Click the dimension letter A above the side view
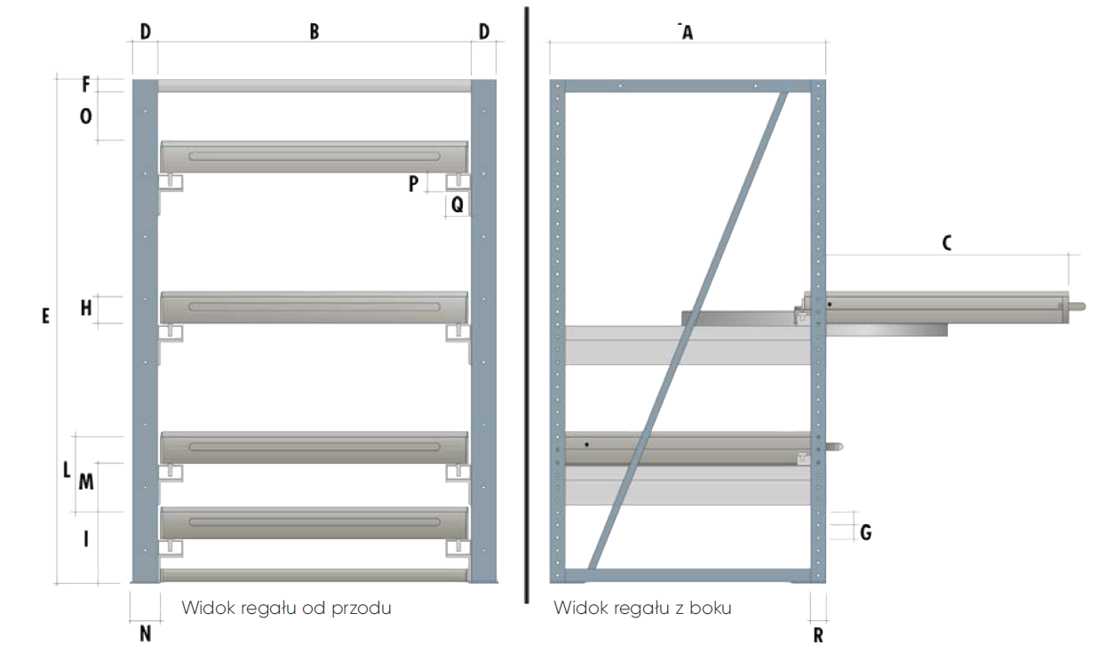tap(686, 33)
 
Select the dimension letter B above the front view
tap(314, 32)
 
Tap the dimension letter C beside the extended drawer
tap(947, 243)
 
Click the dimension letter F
tap(86, 85)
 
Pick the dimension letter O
tap(86, 116)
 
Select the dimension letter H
tap(86, 308)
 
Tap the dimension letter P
tap(413, 184)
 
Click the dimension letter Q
tap(457, 204)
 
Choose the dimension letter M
tap(86, 482)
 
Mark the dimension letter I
tap(86, 538)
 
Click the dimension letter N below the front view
tap(146, 633)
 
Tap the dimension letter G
tap(865, 532)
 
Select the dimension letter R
tap(818, 634)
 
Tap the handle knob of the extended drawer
tap(1077, 307)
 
